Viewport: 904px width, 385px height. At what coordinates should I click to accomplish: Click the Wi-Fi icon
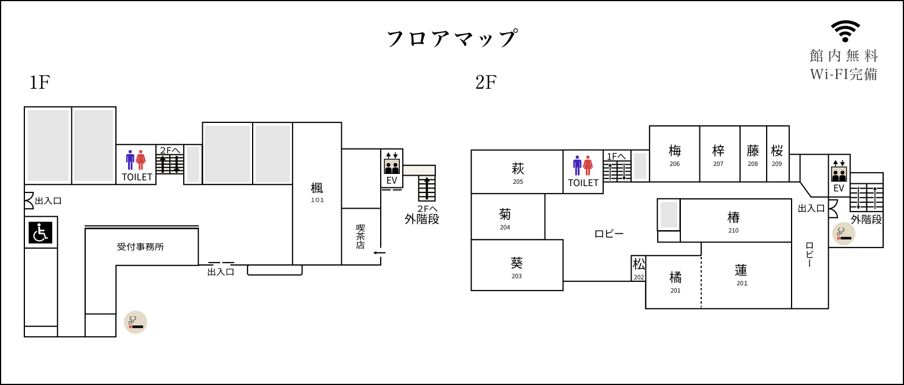[x=845, y=31]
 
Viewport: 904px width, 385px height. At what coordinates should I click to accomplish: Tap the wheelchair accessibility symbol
[x=41, y=233]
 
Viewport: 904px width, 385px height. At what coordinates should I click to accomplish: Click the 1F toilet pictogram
[x=136, y=160]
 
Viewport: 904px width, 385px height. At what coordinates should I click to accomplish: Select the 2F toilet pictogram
[x=582, y=165]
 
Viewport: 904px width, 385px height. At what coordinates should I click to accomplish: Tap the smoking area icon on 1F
[x=135, y=322]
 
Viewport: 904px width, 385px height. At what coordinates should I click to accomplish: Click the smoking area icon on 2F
[x=844, y=234]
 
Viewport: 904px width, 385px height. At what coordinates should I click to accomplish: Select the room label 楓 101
[x=317, y=192]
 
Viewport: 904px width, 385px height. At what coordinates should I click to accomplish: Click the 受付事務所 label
[x=140, y=247]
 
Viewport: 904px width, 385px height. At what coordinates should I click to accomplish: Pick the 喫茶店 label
[x=360, y=237]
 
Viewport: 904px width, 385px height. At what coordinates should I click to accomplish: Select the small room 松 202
[x=639, y=268]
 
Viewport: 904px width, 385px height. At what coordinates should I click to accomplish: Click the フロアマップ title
[x=452, y=38]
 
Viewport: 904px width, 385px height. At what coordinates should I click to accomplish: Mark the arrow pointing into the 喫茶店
[x=380, y=253]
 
